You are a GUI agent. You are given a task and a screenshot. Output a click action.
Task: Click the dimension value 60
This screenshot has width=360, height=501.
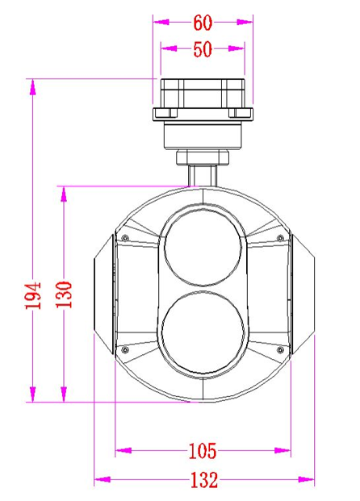203,22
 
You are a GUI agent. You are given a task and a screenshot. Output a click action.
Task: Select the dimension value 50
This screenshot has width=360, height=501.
202,48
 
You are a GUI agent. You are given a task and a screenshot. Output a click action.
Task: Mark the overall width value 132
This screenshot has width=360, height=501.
203,481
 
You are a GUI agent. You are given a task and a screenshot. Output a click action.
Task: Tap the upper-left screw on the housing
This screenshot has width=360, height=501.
125,237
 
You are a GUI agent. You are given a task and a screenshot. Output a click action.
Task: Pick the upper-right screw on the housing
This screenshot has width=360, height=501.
280,237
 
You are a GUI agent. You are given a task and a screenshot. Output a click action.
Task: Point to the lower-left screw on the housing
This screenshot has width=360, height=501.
125,349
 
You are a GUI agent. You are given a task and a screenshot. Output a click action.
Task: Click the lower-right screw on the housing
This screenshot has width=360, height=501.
280,349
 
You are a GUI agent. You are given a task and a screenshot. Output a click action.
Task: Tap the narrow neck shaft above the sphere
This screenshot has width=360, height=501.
202,171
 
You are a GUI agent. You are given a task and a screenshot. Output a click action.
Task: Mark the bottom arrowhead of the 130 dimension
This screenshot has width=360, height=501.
65,395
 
